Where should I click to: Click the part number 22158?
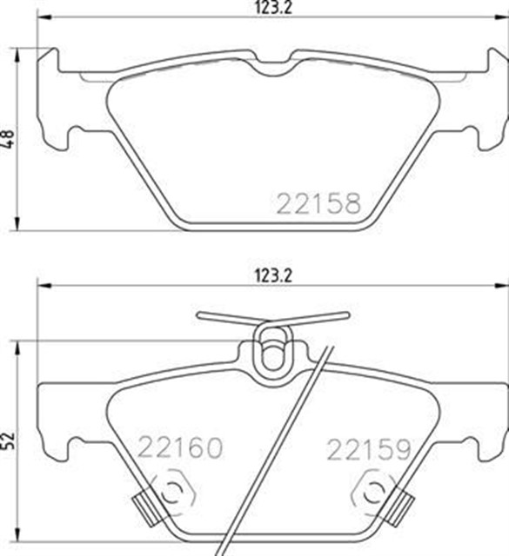tap(318, 203)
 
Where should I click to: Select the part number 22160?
tap(180, 448)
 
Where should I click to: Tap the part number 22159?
tap(368, 449)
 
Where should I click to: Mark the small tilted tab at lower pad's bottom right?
tap(402, 502)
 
